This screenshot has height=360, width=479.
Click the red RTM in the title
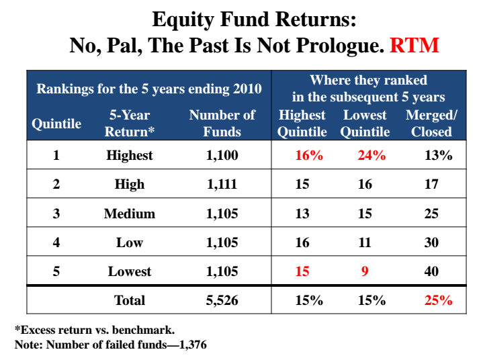pos(415,45)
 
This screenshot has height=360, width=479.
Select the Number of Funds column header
pos(222,124)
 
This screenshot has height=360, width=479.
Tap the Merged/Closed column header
pos(431,124)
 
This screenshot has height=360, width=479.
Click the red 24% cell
pos(372,155)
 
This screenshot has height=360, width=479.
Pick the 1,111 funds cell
pos(222,184)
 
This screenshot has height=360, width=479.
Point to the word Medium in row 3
pos(130,214)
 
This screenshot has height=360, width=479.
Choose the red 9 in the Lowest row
pos(365,271)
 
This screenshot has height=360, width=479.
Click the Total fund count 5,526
pos(222,300)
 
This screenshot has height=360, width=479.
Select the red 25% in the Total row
pos(439,300)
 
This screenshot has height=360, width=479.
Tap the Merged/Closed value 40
pos(431,271)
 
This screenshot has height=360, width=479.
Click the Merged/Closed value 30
pos(431,242)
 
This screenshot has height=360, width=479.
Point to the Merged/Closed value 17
pos(431,184)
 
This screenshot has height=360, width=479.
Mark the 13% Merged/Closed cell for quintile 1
pos(439,155)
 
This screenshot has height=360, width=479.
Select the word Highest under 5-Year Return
pos(130,155)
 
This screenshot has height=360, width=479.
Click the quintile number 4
pos(56,242)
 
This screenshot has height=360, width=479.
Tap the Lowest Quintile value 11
pos(365,242)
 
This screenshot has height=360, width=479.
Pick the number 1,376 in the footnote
pos(193,345)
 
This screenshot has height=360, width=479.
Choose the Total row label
pos(130,300)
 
